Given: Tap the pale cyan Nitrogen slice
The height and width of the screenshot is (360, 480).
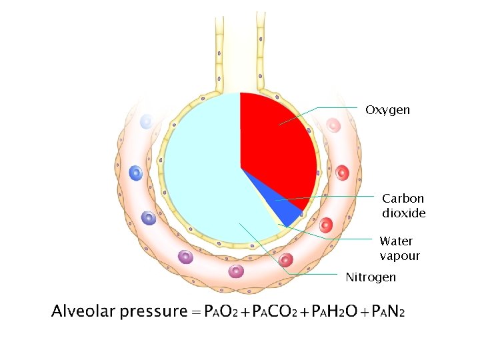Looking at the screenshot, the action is tap(200, 173).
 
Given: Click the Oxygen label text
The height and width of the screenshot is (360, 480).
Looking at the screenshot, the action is tap(387, 109).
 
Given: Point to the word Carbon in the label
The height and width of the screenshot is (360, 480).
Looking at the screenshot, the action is tap(403, 198).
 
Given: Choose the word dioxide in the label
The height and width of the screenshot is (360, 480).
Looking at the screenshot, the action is tap(403, 213).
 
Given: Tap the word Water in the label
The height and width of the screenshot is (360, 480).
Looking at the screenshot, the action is tap(396, 241).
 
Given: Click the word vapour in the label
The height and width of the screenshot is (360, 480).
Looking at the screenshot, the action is tap(399, 256).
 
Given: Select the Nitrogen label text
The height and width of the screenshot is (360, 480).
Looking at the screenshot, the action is tap(370, 277).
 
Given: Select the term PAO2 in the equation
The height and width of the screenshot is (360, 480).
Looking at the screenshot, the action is tap(219, 311).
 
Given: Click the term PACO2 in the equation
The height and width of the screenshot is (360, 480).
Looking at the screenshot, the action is tap(274, 311).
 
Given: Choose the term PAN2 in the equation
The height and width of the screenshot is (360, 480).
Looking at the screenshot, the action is tap(388, 311).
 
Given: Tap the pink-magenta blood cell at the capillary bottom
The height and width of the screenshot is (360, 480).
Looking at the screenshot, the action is tap(237, 271).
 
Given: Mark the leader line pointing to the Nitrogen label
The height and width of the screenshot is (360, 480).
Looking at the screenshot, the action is tap(313, 274).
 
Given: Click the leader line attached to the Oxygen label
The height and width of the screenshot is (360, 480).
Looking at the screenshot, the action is tap(340, 107).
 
